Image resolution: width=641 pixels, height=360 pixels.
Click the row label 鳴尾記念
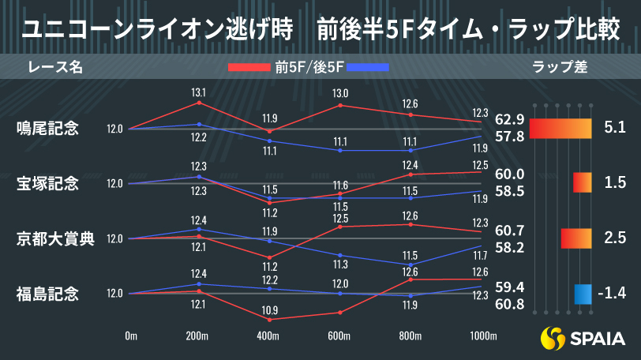click(x=47, y=129)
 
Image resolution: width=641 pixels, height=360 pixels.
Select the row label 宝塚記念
click(x=47, y=184)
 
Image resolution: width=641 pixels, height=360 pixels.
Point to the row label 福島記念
click(x=47, y=294)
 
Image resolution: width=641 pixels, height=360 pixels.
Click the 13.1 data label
click(x=199, y=92)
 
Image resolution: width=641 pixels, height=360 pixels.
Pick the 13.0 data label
click(x=340, y=93)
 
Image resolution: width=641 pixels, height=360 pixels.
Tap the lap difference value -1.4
click(x=612, y=294)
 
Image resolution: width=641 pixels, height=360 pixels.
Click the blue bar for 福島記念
click(x=583, y=294)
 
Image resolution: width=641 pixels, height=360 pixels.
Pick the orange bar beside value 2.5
click(x=576, y=238)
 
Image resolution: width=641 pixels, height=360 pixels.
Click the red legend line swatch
click(x=249, y=68)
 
